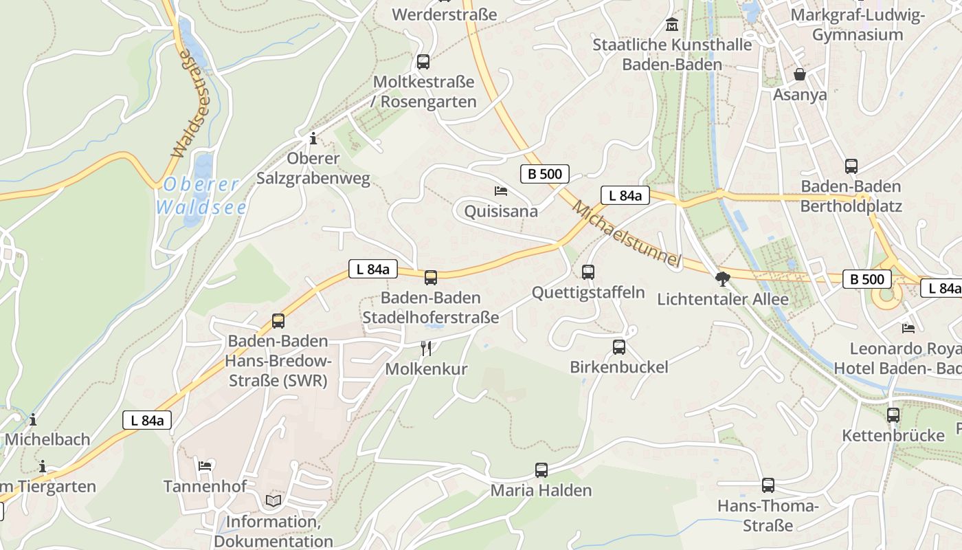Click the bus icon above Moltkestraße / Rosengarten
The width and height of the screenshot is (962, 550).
pos(423,62)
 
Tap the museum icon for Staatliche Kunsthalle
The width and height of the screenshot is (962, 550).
pos(672,25)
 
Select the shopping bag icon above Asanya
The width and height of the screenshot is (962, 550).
pos(800,74)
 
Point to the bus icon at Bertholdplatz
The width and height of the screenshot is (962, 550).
pos(851,166)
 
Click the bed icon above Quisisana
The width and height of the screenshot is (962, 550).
pos(501,190)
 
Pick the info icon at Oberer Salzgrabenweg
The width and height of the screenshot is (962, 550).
pos(313,138)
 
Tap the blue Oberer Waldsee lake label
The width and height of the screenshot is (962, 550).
pos(201,195)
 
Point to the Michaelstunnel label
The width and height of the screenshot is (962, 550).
pos(626,234)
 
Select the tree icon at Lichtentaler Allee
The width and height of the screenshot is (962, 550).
pos(722,278)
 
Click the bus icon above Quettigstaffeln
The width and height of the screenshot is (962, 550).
pos(588,272)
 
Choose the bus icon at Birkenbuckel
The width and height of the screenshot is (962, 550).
pos(619,347)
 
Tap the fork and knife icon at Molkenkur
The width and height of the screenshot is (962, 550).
pos(426,349)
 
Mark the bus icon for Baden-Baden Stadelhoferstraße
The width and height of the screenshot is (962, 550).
pos(431,278)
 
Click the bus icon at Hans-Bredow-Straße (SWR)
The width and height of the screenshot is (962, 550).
pos(278,321)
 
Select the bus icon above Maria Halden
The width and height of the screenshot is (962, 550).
pos(541,470)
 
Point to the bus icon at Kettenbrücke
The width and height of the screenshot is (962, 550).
pos(893,415)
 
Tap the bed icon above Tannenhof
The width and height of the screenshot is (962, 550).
pos(205,466)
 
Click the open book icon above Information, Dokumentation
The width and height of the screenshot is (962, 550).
pos(273,500)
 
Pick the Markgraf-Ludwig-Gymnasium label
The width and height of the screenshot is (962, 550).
pos(858,25)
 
